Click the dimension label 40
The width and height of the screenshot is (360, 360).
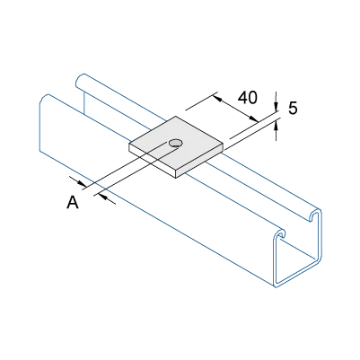click(x=248, y=98)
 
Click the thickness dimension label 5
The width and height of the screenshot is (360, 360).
click(x=293, y=108)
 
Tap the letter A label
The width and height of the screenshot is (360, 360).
click(x=73, y=201)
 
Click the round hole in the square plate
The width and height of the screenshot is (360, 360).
click(x=176, y=143)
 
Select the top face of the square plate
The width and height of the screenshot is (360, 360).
click(x=176, y=143)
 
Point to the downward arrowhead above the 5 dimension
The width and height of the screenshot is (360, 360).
click(x=276, y=108)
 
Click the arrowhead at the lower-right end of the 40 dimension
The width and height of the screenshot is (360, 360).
click(x=254, y=119)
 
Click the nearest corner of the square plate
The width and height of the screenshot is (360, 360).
click(x=176, y=171)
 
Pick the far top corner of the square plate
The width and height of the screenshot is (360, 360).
click(x=176, y=116)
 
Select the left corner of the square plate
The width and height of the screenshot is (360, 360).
click(x=129, y=144)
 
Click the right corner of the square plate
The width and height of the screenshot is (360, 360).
click(x=224, y=144)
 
